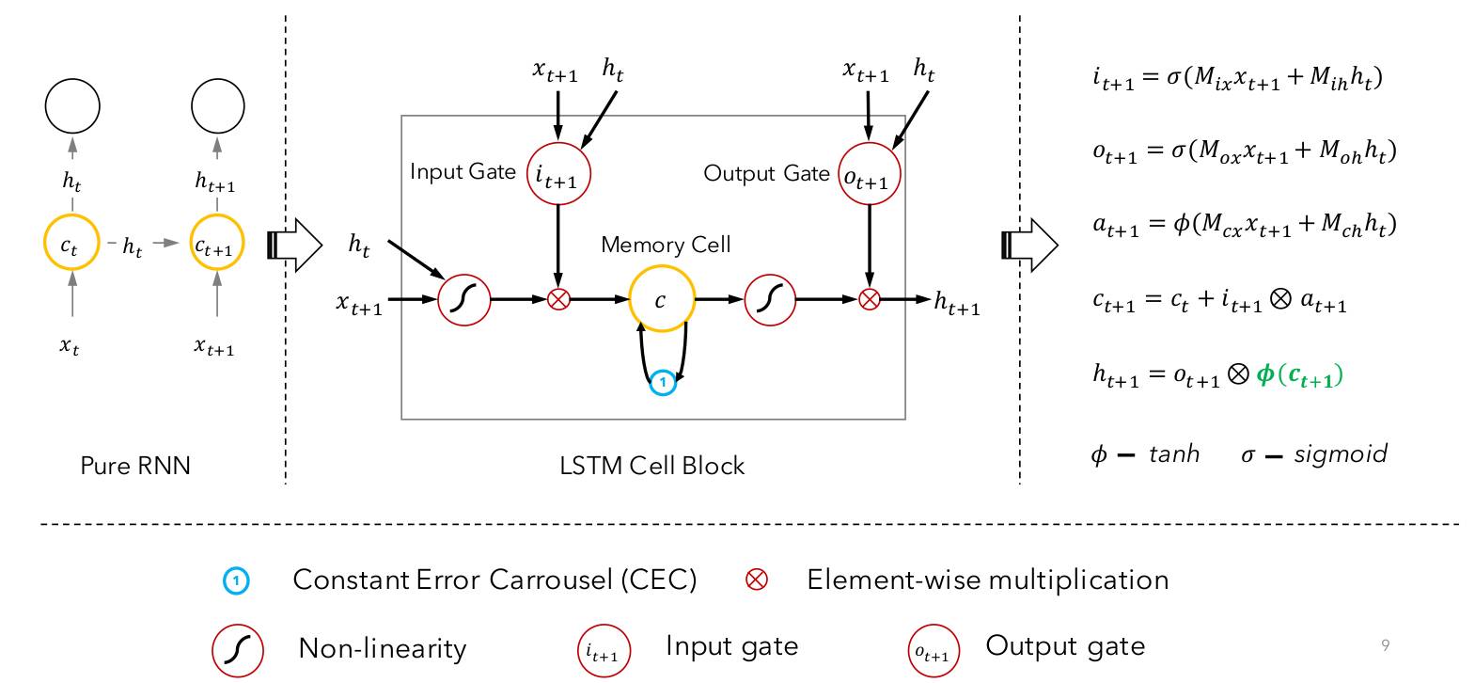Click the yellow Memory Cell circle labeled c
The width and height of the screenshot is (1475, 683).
coord(661,299)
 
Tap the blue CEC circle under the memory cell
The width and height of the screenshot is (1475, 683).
coord(663,382)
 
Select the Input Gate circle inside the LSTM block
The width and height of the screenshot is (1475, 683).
coord(558,173)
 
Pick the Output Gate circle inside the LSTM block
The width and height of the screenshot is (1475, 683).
coord(869,173)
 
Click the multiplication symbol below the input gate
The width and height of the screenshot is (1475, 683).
coord(558,300)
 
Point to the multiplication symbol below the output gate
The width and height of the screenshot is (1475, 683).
coord(870,300)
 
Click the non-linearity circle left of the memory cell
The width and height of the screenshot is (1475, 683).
coord(464,300)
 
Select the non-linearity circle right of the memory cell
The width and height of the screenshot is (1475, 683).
coord(770,300)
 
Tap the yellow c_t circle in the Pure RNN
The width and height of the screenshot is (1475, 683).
coord(71,245)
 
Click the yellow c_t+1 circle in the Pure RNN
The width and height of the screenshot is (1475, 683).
coord(217,245)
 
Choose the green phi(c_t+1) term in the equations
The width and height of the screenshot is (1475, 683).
coord(1300,374)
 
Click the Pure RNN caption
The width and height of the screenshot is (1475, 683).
coord(135,466)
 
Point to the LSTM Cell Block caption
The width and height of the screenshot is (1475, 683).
coord(652,466)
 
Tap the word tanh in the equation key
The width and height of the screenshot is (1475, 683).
coord(1174,454)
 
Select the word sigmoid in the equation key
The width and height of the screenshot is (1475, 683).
coord(1341,454)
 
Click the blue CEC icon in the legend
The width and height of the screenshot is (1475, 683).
coord(235,581)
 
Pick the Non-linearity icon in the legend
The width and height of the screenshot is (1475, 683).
coord(237,649)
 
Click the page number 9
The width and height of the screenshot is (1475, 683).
coord(1386,645)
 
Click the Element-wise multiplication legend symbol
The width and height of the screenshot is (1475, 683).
coord(756,580)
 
